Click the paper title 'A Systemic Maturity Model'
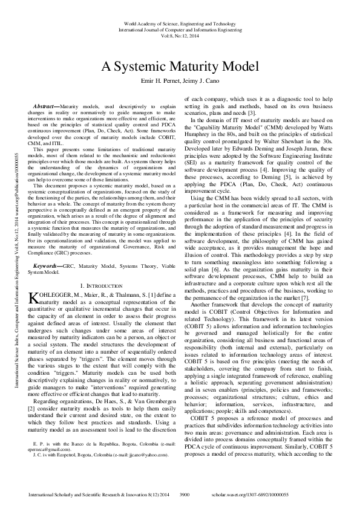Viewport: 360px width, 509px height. pos(180,66)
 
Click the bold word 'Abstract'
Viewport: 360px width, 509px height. pos(47,106)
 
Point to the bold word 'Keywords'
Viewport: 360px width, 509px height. pos(48,265)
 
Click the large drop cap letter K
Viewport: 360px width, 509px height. pos(34,296)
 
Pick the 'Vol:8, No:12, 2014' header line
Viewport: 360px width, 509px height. pos(180,35)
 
